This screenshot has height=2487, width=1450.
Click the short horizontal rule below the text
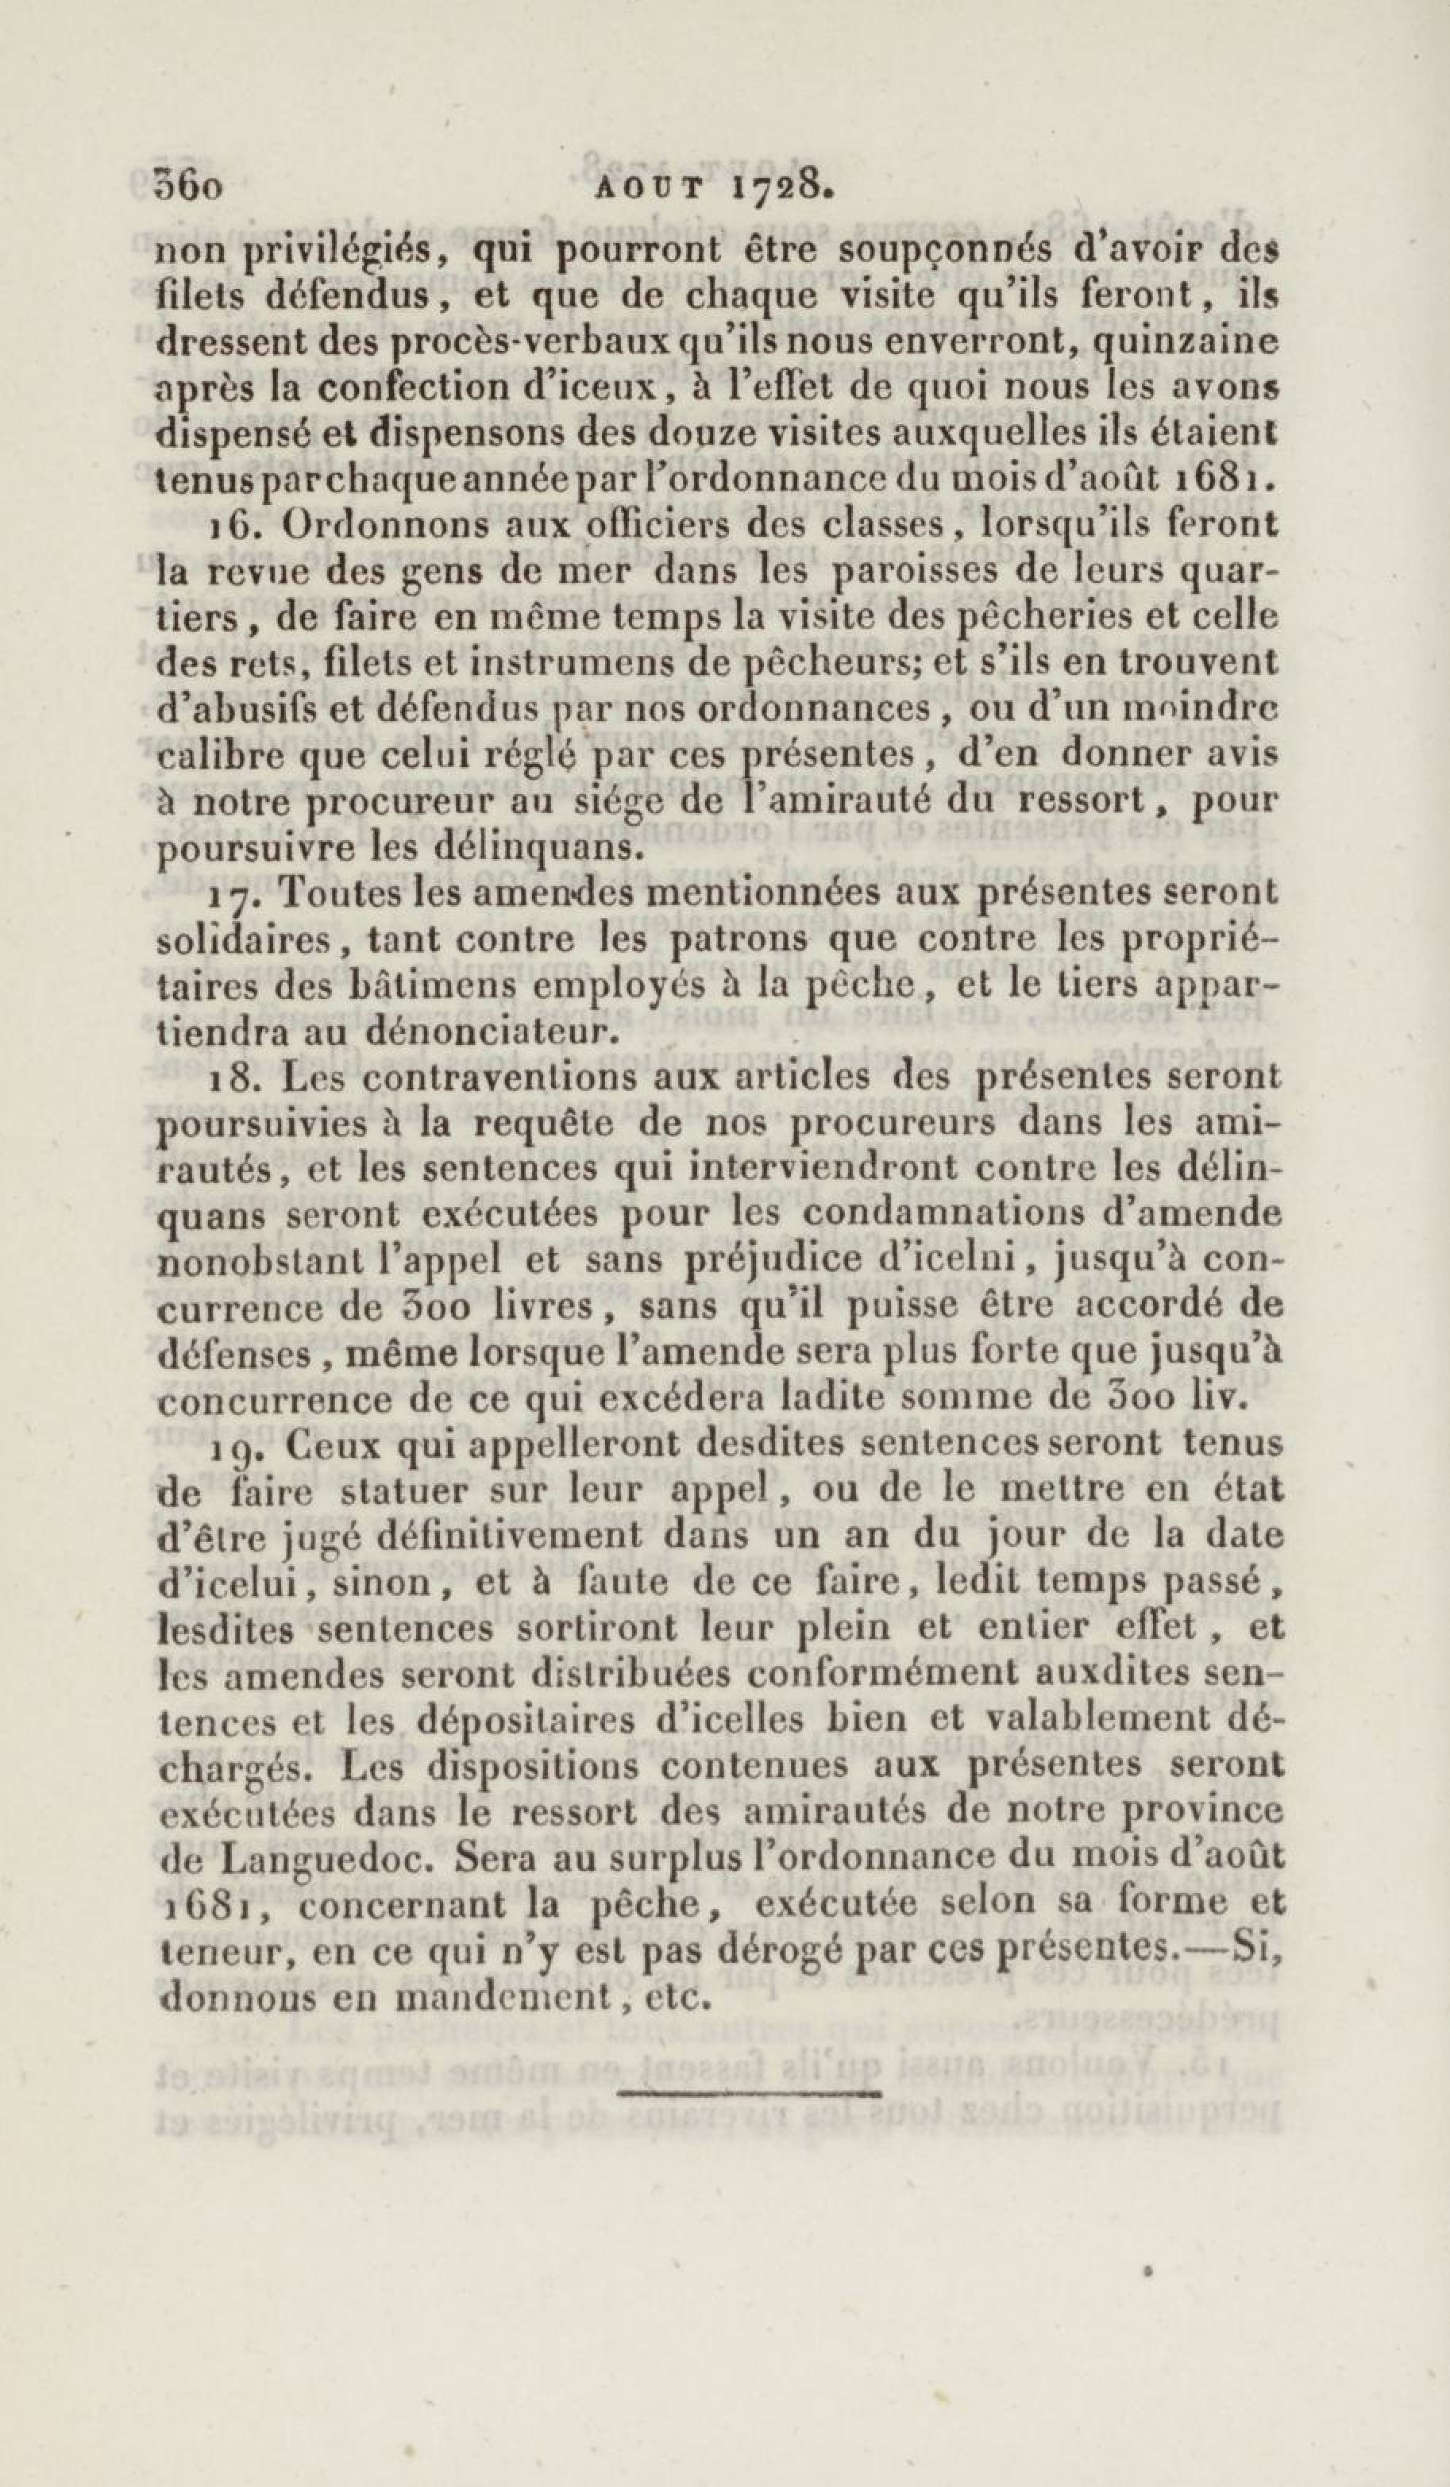coord(749,2089)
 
